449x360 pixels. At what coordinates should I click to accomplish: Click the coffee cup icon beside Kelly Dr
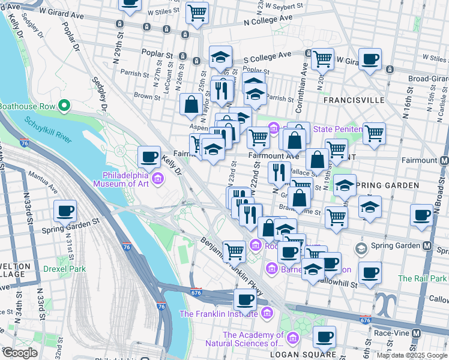149,157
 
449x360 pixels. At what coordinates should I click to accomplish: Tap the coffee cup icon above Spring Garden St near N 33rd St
65,211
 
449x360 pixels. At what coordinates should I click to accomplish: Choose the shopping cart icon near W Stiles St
196,11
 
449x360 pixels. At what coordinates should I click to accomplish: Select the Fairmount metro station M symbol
444,161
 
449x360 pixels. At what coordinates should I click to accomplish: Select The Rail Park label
422,278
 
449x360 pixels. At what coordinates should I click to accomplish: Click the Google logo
20,353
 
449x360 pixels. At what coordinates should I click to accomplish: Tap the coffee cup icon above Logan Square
324,337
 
